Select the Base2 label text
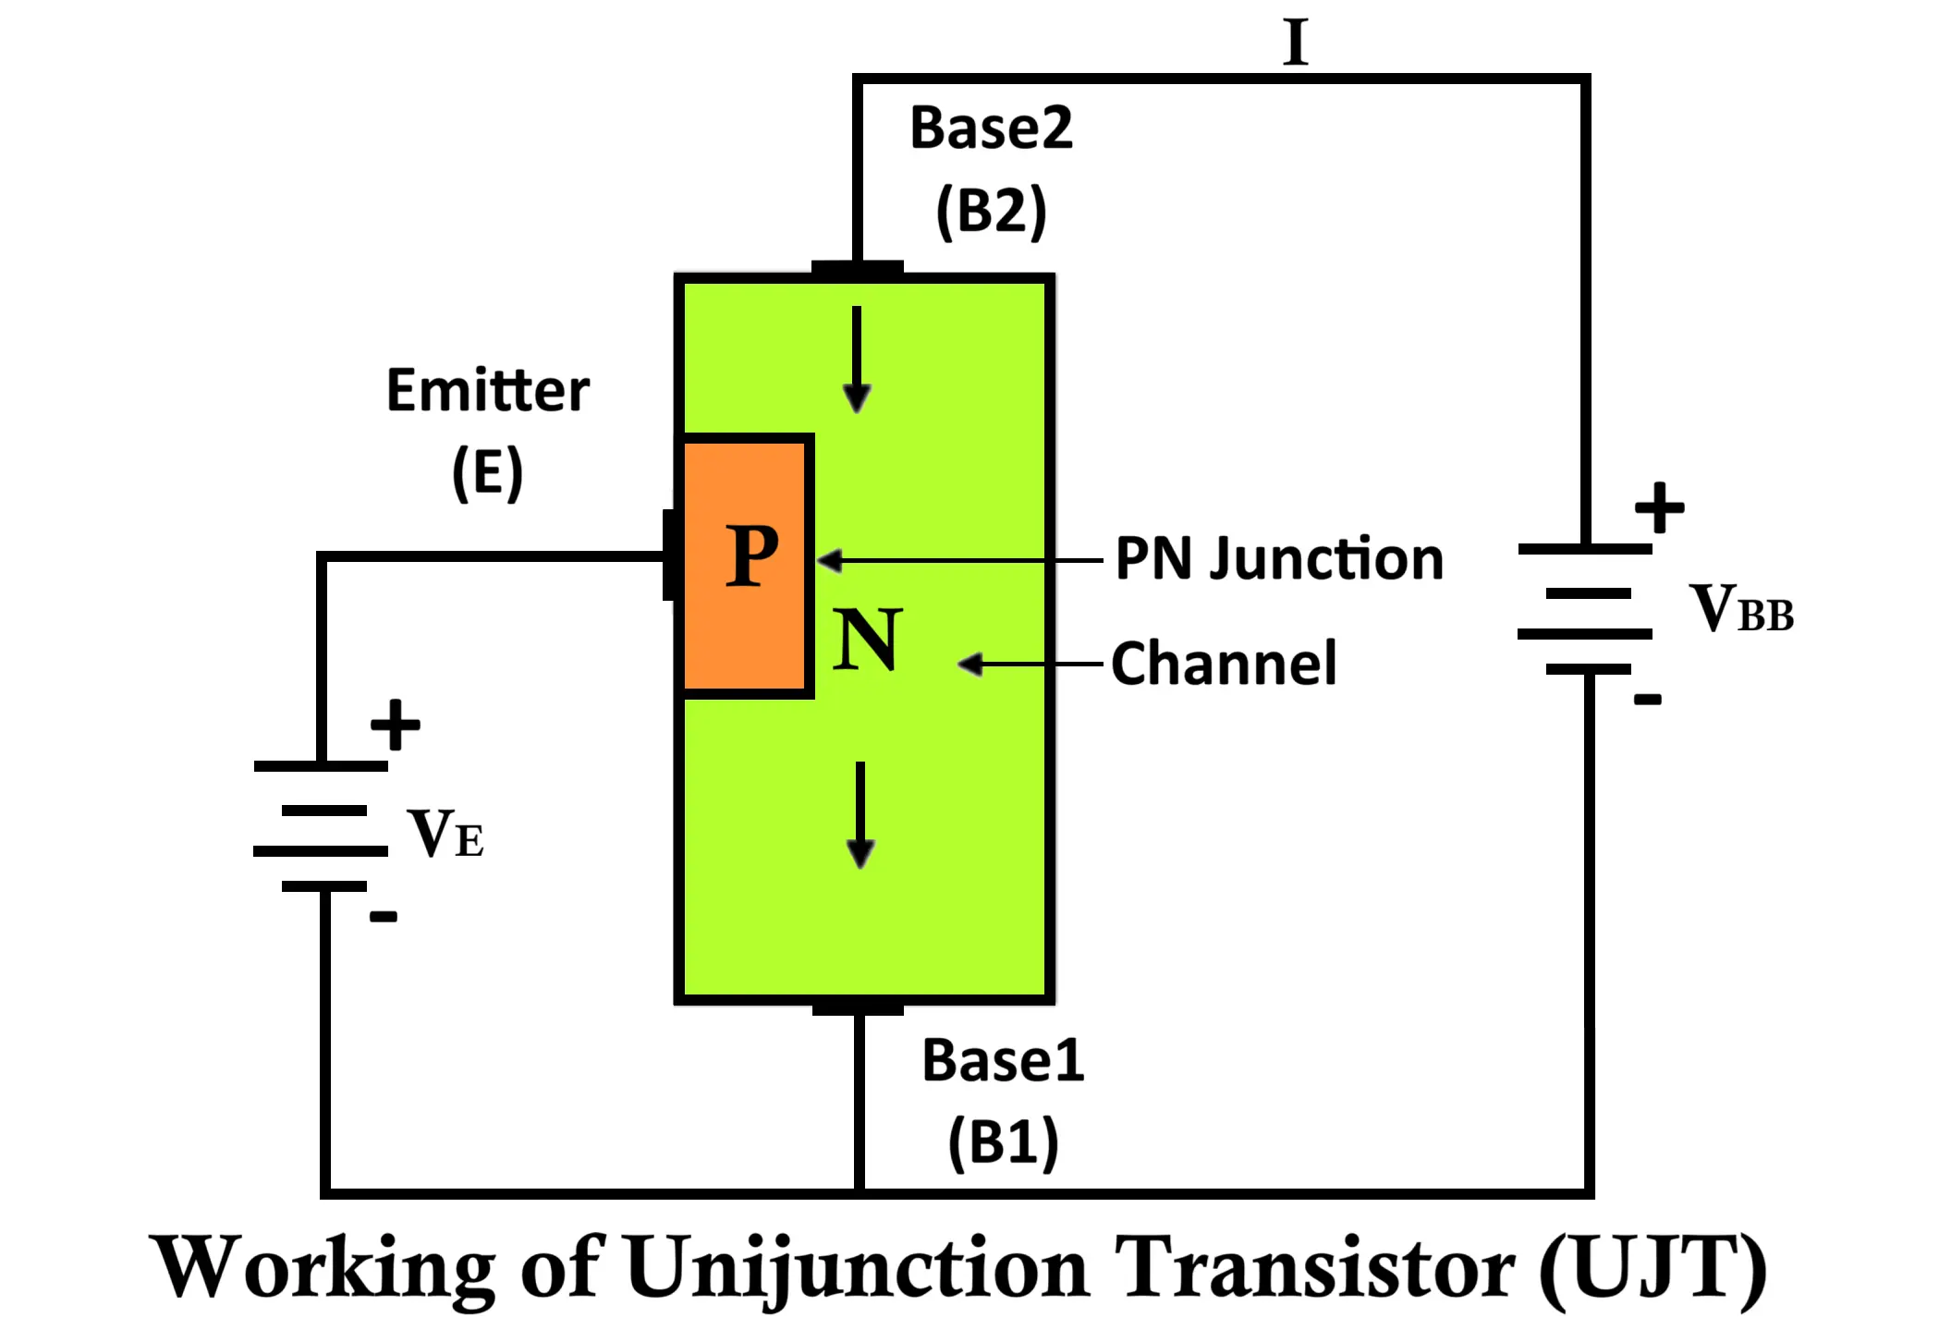click(991, 128)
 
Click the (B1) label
click(1004, 1142)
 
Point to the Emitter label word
click(487, 390)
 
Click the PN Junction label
click(1279, 559)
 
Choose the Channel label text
click(1224, 664)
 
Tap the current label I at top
click(1296, 43)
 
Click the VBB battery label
click(1741, 610)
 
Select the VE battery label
click(445, 834)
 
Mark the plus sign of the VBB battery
click(1659, 507)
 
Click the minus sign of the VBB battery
click(1647, 700)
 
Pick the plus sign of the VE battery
click(395, 725)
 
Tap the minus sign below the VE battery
click(383, 917)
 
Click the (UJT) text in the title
click(1652, 1268)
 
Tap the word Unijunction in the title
click(857, 1268)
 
